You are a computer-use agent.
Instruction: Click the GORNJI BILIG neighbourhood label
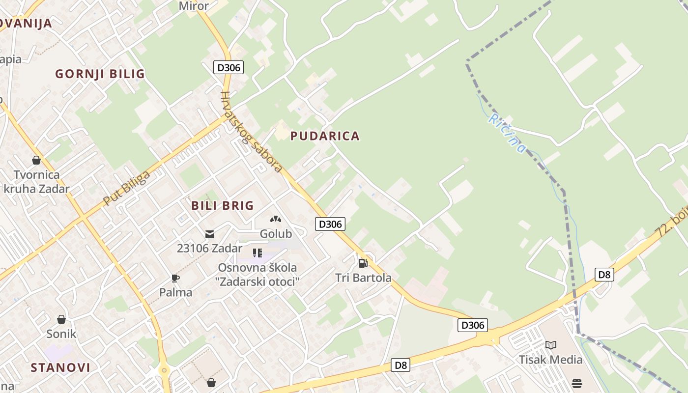pyautogui.click(x=100, y=74)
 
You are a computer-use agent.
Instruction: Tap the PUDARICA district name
pyautogui.click(x=325, y=136)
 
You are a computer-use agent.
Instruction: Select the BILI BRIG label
pyautogui.click(x=223, y=205)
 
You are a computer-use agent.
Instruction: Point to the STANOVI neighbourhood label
pyautogui.click(x=60, y=367)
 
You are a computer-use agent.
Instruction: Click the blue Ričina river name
pyautogui.click(x=507, y=133)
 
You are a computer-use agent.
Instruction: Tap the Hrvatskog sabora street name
pyautogui.click(x=251, y=132)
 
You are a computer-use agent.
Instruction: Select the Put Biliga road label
pyautogui.click(x=126, y=189)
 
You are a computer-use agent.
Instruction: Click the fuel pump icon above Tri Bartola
pyautogui.click(x=363, y=263)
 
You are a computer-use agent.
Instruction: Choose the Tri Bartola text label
pyautogui.click(x=363, y=278)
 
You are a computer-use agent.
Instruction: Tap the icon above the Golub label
pyautogui.click(x=276, y=219)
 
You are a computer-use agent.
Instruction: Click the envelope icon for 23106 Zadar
pyautogui.click(x=210, y=234)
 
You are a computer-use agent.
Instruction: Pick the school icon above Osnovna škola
pyautogui.click(x=258, y=253)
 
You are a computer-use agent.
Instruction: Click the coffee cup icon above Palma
pyautogui.click(x=175, y=278)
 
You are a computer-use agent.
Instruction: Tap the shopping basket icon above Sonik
pyautogui.click(x=61, y=319)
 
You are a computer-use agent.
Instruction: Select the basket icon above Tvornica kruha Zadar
pyautogui.click(x=36, y=160)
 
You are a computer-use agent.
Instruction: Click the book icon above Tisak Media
pyautogui.click(x=551, y=345)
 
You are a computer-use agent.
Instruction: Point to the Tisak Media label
pyautogui.click(x=551, y=360)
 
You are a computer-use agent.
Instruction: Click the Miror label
pyautogui.click(x=194, y=6)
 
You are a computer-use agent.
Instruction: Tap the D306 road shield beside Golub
pyautogui.click(x=330, y=224)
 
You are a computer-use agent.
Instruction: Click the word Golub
pyautogui.click(x=276, y=234)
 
